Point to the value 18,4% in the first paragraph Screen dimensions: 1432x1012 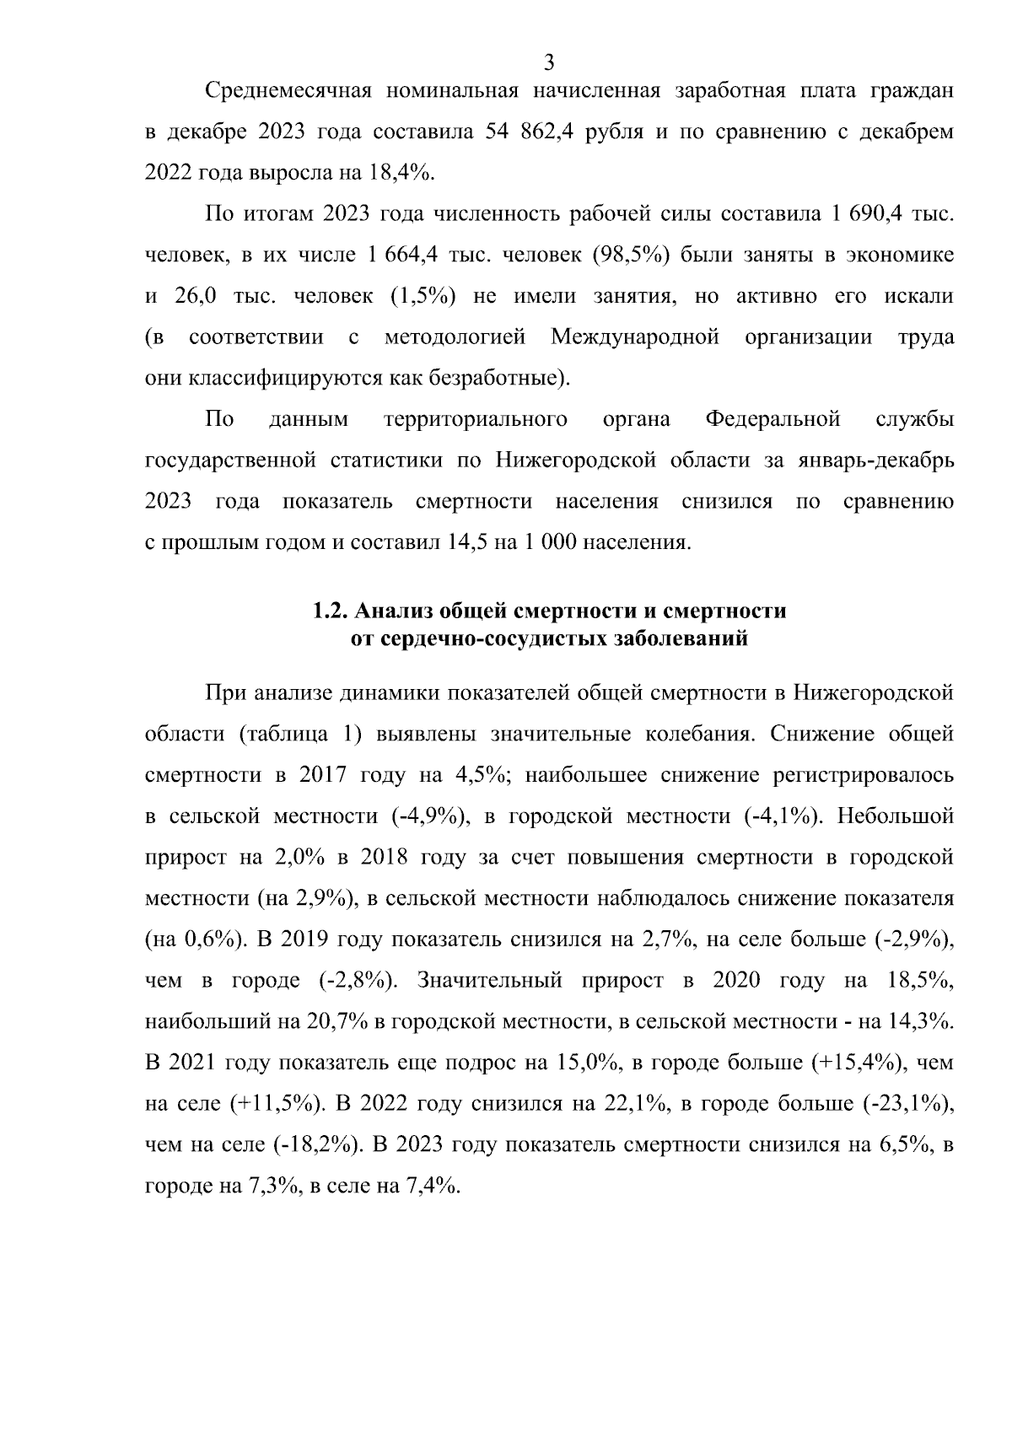click(x=399, y=174)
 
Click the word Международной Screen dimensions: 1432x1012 click(x=635, y=338)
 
